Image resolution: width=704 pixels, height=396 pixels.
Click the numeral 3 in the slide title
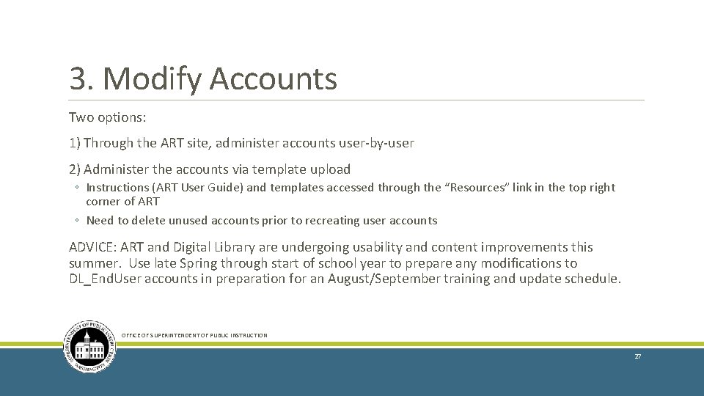77,78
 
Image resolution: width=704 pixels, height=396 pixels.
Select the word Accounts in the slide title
273,78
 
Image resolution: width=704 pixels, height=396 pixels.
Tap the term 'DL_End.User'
109,279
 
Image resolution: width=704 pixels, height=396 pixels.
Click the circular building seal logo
89,346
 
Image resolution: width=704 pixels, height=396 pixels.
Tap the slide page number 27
637,356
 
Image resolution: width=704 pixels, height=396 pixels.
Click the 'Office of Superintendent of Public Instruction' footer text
194,336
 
